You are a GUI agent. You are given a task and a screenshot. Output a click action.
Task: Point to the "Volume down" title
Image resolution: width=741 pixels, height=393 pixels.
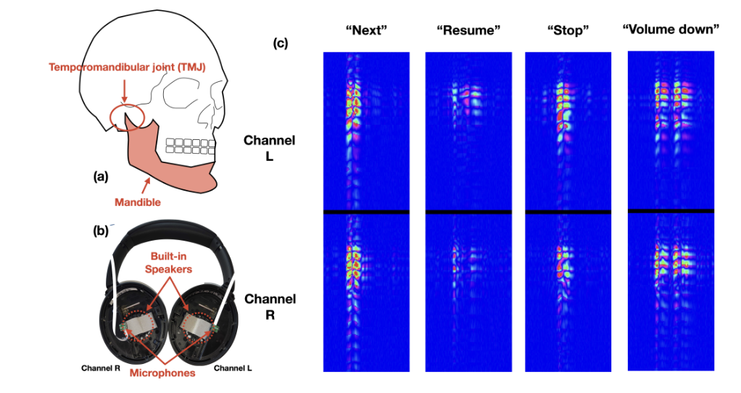pos(670,30)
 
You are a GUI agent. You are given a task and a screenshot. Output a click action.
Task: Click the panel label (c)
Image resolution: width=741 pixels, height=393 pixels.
pos(281,43)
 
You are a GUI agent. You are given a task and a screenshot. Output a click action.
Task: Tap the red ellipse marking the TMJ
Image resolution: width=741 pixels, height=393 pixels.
pos(128,115)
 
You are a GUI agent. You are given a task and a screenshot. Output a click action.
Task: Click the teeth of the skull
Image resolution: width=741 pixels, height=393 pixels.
pos(191,145)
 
